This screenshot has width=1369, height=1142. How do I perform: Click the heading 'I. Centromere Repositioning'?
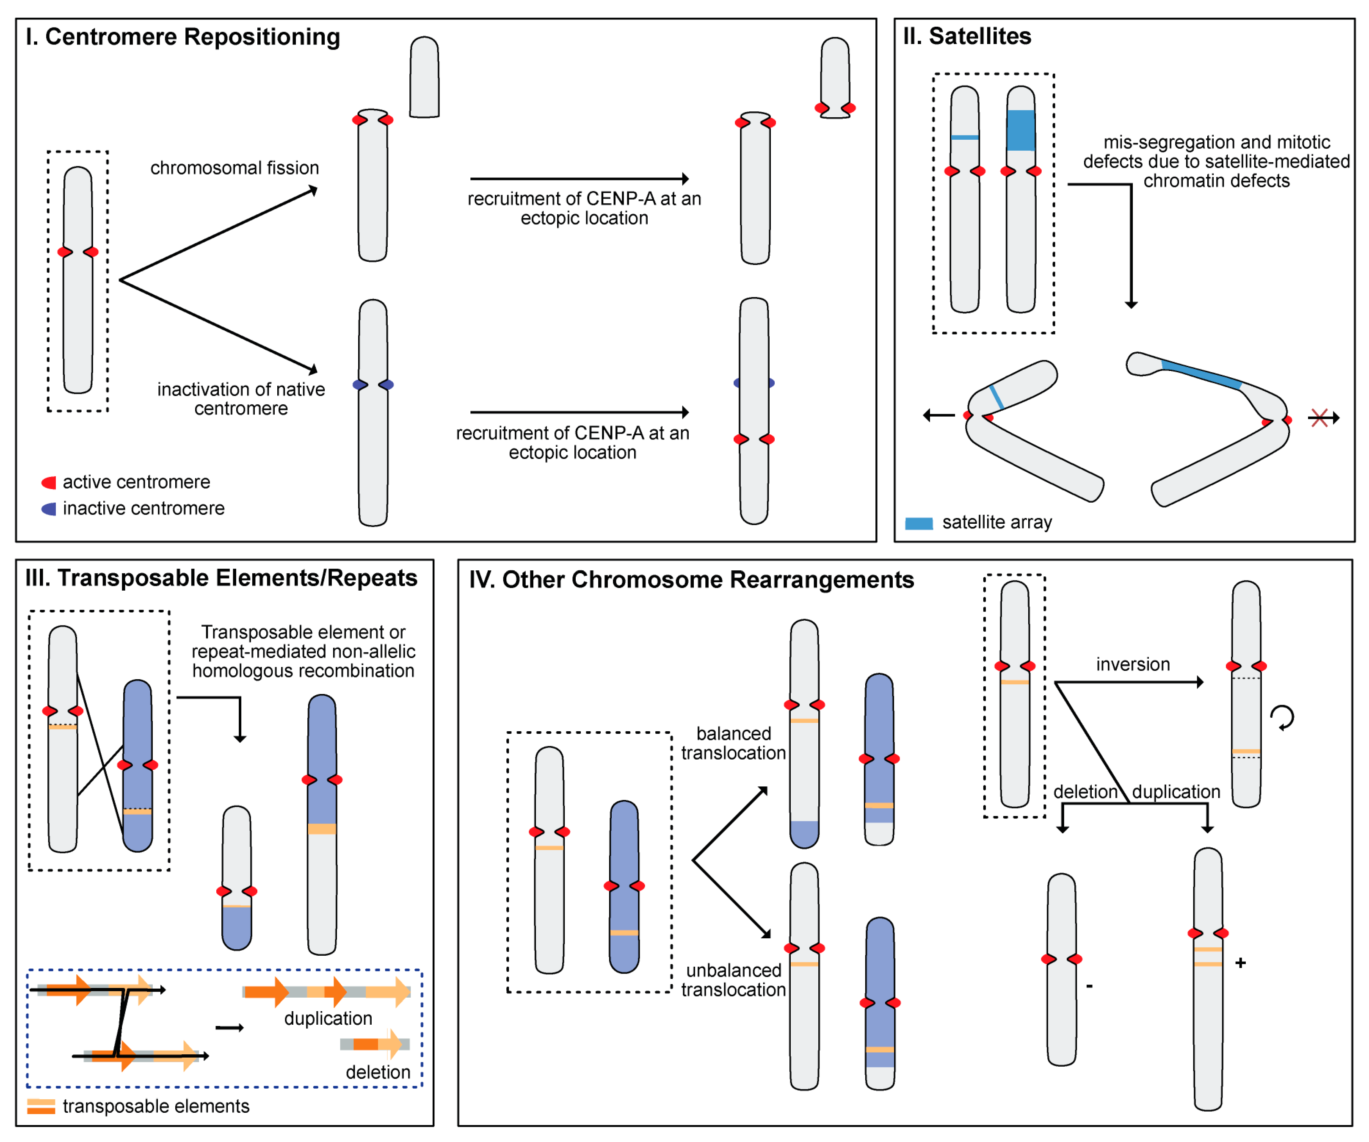pos(182,37)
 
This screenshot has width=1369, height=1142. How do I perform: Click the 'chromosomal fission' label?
pos(235,168)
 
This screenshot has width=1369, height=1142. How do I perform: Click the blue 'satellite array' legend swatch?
pos(919,523)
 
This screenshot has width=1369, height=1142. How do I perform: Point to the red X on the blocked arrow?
pos(1319,418)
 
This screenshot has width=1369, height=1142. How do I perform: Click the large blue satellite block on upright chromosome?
pos(1021,130)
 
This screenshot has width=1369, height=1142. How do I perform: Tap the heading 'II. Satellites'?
pos(967,36)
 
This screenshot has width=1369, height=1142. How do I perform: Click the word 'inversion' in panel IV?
pos(1133,665)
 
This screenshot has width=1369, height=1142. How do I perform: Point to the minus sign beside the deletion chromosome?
pos(1089,986)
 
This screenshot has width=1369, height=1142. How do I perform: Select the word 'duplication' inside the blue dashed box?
pos(328,1019)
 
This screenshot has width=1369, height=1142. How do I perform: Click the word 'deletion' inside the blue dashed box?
pos(378,1073)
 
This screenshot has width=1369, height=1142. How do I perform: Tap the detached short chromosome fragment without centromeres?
pos(425,77)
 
